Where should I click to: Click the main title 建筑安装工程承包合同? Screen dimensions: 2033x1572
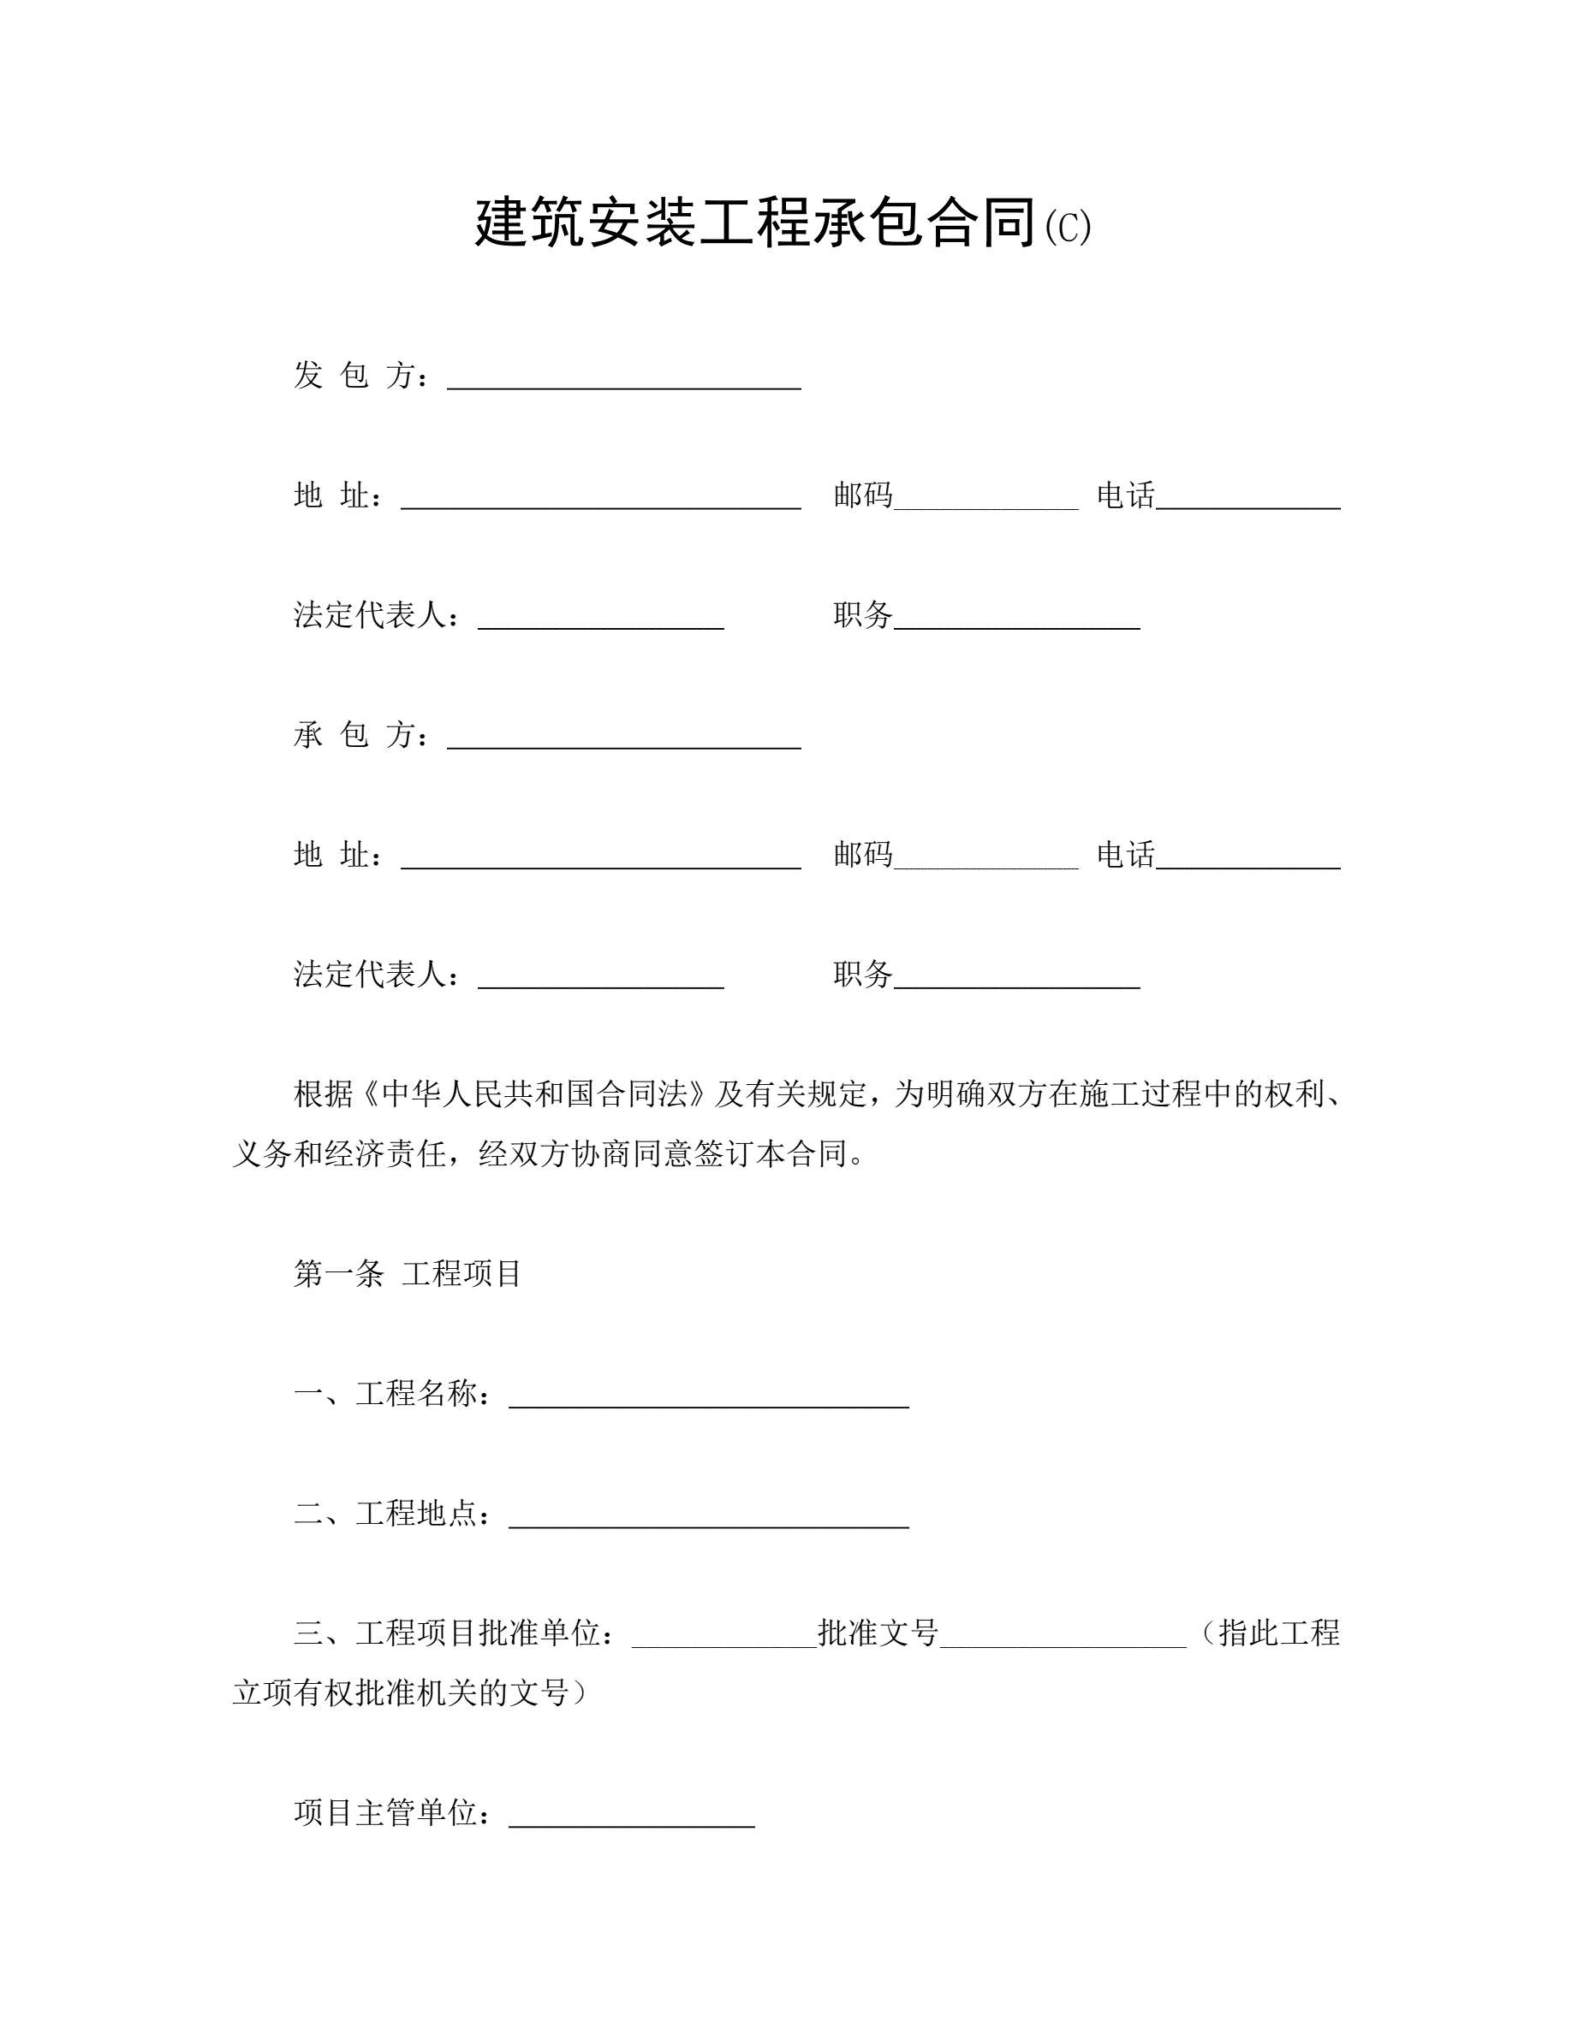coord(755,223)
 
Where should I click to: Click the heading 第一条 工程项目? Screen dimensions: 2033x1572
coord(407,1273)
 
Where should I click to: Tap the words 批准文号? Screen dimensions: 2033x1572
coord(878,1633)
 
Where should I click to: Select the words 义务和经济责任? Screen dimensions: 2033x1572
coord(339,1154)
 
